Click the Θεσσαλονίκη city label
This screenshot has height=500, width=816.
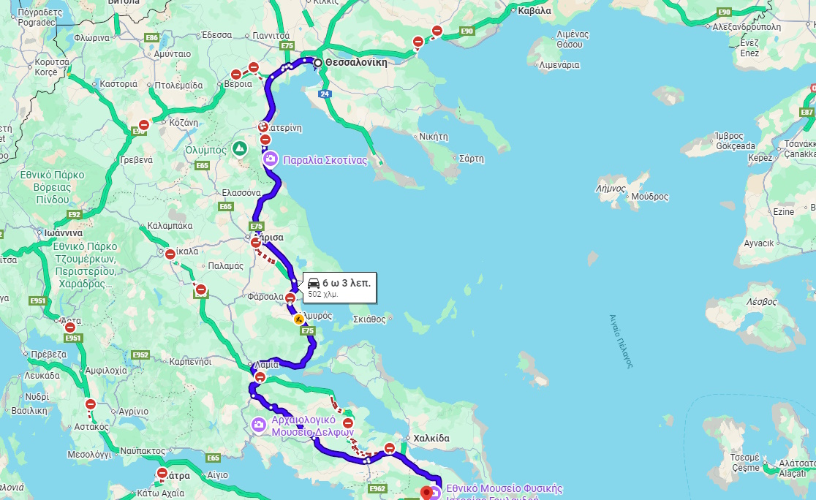(355, 63)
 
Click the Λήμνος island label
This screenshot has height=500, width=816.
(611, 189)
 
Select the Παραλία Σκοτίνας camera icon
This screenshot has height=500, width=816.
(271, 159)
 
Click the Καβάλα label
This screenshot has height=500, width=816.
(534, 11)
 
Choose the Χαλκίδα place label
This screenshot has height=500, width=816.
(431, 439)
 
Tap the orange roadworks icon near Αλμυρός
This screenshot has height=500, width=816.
(298, 319)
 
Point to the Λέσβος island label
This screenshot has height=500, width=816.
(761, 301)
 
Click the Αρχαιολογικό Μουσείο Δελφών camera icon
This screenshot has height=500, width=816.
(259, 425)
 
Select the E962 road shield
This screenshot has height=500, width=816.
(377, 488)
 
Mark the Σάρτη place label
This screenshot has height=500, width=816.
(471, 159)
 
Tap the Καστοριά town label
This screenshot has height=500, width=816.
(118, 84)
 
